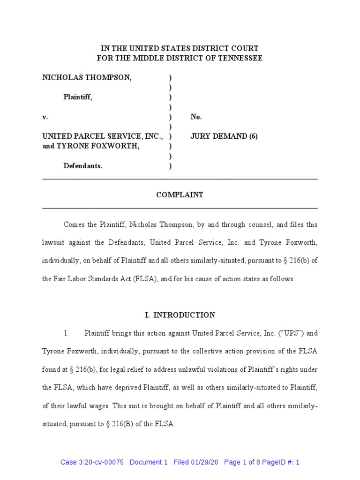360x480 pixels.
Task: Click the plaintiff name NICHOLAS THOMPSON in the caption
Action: [87, 78]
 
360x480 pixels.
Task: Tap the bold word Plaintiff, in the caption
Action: [78, 97]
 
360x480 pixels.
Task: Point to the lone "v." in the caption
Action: [45, 117]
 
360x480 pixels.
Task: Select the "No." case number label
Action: [196, 117]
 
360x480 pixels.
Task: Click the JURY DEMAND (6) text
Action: [224, 136]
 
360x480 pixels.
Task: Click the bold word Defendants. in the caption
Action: [83, 165]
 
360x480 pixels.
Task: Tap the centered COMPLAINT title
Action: [180, 195]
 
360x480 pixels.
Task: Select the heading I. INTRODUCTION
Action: [180, 315]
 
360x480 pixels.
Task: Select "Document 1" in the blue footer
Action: [148, 462]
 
